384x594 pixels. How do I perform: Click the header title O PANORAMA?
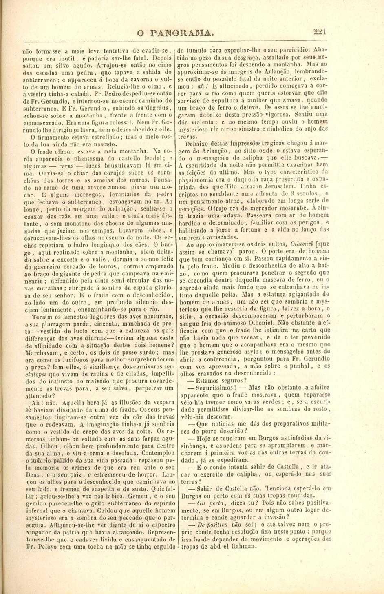pyautogui.click(x=176, y=33)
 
